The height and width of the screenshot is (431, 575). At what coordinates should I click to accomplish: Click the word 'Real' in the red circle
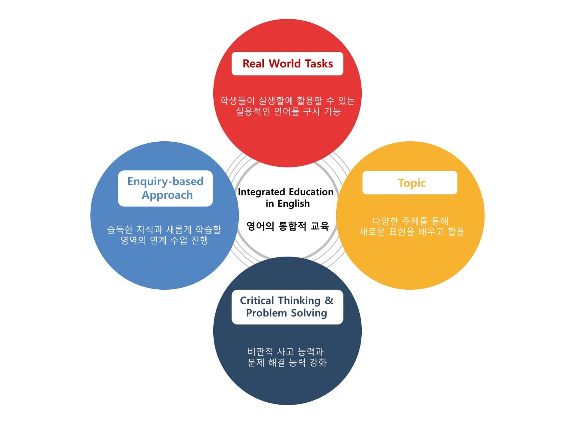click(x=254, y=64)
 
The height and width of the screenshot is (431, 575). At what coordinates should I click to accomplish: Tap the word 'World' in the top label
click(x=285, y=64)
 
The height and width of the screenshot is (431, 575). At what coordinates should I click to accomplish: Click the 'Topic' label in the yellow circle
click(x=412, y=183)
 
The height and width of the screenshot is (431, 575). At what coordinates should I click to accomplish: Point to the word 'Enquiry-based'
click(x=165, y=182)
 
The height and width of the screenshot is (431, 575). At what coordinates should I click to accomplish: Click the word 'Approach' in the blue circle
click(x=167, y=195)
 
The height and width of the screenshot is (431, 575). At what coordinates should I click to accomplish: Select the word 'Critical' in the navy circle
click(x=257, y=301)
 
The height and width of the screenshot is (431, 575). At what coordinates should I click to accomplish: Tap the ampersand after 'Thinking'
click(x=329, y=301)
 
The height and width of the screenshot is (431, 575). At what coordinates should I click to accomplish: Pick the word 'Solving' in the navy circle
click(x=309, y=313)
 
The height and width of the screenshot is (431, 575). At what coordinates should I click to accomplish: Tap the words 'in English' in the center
click(x=287, y=204)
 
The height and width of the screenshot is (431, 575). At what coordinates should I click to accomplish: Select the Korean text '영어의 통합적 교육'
click(x=287, y=226)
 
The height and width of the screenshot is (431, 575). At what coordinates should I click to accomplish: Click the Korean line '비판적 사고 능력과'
click(x=286, y=352)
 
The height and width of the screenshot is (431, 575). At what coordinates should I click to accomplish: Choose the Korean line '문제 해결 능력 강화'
click(x=287, y=362)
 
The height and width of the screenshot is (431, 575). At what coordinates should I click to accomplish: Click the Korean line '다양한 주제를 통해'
click(x=410, y=221)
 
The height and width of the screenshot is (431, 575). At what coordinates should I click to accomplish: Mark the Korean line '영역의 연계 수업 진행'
click(x=165, y=240)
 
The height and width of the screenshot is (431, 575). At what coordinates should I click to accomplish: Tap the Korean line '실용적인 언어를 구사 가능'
click(x=288, y=111)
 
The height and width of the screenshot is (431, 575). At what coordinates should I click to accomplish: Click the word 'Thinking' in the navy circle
click(x=299, y=301)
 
